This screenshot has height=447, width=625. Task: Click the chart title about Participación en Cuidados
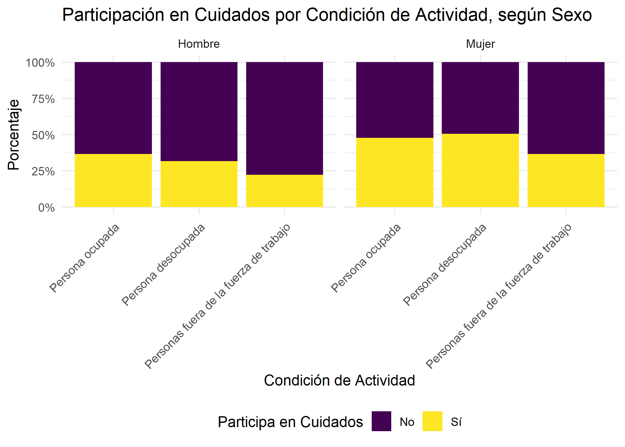327,15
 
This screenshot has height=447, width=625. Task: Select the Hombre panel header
199,44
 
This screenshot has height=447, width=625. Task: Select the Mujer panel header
480,44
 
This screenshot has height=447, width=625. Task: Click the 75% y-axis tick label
43,99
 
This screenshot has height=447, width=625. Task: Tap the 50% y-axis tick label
43,135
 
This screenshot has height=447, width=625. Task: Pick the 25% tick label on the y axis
43,171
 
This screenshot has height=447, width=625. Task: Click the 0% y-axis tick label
47,208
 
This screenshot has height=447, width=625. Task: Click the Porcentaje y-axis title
14,135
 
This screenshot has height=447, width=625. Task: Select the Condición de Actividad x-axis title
339,381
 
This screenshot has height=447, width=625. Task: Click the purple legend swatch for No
381,421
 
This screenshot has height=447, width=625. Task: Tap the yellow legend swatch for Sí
432,421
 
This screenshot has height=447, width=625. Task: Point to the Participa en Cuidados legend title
290,422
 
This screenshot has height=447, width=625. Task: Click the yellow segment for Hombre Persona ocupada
113,180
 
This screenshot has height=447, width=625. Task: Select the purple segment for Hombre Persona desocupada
199,111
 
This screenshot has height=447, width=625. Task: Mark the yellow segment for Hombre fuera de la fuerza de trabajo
284,191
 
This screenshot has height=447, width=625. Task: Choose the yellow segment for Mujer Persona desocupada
480,170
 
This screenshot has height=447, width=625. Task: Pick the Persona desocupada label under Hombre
163,265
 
